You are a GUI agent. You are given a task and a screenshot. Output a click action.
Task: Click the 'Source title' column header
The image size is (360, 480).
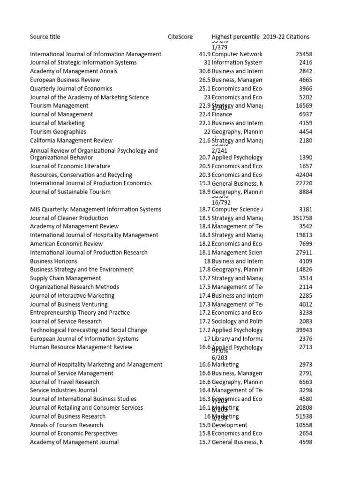coord(45,37)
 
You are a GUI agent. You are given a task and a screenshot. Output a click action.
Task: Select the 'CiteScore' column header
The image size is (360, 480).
coord(180,37)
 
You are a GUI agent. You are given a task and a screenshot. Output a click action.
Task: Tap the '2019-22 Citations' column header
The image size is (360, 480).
coord(286,37)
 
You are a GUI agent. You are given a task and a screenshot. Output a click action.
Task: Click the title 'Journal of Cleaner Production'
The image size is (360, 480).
coord(69,218)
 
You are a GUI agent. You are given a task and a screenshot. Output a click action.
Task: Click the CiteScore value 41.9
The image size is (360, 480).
coord(204,54)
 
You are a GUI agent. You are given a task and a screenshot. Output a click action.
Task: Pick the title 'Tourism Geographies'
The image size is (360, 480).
coord(58,132)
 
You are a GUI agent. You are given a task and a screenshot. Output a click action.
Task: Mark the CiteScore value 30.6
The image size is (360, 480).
coord(204,71)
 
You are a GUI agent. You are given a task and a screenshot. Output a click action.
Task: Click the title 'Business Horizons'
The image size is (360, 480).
coord(53,261)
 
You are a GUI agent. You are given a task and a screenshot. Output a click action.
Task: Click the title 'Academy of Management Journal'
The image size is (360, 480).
coord(74,442)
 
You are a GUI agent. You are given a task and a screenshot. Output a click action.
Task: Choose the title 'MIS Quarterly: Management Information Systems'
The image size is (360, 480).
coord(96,210)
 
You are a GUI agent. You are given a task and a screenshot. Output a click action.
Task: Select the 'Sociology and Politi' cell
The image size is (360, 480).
coord(237,322)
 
